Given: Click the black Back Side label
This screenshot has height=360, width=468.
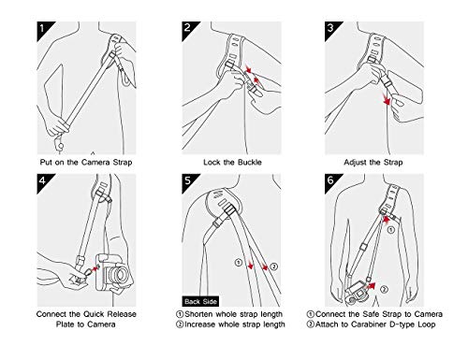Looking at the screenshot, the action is tap(200, 301).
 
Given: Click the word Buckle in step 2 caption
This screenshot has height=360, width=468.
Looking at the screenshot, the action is tap(250, 163).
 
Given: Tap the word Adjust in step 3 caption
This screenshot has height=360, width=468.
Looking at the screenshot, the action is tap(355, 163).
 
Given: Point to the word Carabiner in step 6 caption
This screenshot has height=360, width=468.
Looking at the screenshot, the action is tap(369, 324).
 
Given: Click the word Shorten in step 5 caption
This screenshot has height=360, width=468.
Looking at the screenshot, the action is tap(198, 314).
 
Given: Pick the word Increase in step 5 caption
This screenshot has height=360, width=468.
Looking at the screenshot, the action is tap(199, 324).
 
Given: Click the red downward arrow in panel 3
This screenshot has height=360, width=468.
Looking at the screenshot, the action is tap(387, 99).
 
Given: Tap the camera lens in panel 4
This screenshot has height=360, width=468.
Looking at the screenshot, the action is tap(120, 274).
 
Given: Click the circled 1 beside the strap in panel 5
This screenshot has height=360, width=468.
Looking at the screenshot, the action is tap(239, 263).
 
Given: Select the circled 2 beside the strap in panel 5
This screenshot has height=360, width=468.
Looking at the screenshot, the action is tap(273, 266).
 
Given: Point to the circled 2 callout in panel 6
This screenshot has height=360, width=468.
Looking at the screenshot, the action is tap(384, 290).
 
